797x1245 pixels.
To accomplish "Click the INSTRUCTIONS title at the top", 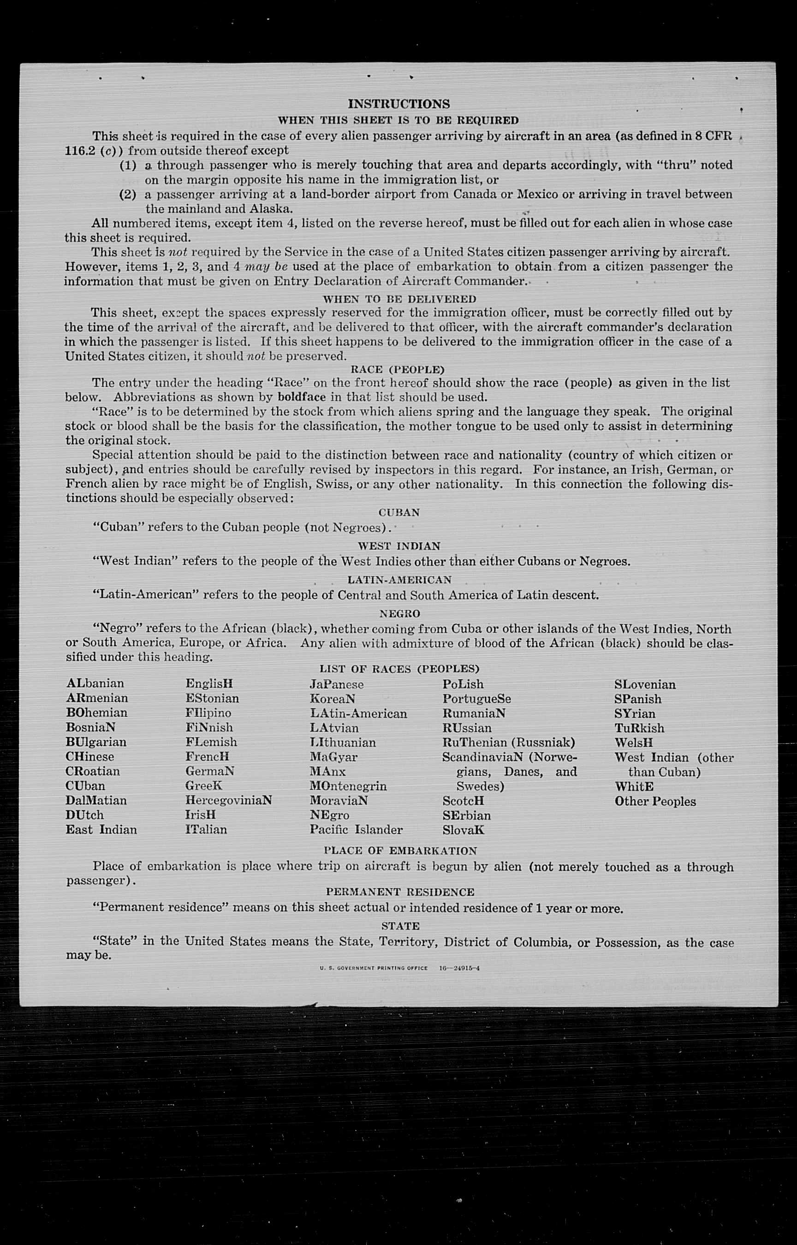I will pyautogui.click(x=398, y=104).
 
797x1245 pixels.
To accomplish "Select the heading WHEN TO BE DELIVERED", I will pyautogui.click(x=399, y=299).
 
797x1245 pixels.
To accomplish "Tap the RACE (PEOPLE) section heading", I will pyautogui.click(x=398, y=370).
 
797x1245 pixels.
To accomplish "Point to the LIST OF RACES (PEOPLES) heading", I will pyautogui.click(x=399, y=669).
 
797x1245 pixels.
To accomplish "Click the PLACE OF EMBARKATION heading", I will pyautogui.click(x=400, y=850).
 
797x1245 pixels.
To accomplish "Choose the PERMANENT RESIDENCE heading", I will pyautogui.click(x=400, y=892).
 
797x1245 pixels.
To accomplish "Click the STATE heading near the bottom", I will pyautogui.click(x=400, y=926).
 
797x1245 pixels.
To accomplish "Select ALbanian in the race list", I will pyautogui.click(x=95, y=683).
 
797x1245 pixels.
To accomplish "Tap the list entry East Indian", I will pyautogui.click(x=101, y=829).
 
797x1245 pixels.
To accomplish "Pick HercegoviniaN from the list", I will pyautogui.click(x=228, y=800).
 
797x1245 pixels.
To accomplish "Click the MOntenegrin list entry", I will pyautogui.click(x=348, y=786).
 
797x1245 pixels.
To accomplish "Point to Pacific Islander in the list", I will pyautogui.click(x=356, y=829).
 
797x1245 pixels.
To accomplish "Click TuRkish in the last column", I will pyautogui.click(x=639, y=728).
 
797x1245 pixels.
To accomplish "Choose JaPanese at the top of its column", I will pyautogui.click(x=336, y=684).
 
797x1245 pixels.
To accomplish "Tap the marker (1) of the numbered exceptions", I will pyautogui.click(x=128, y=165).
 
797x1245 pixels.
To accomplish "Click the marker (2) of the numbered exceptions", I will pyautogui.click(x=128, y=195).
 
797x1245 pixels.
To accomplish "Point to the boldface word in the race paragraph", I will pyautogui.click(x=302, y=397).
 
